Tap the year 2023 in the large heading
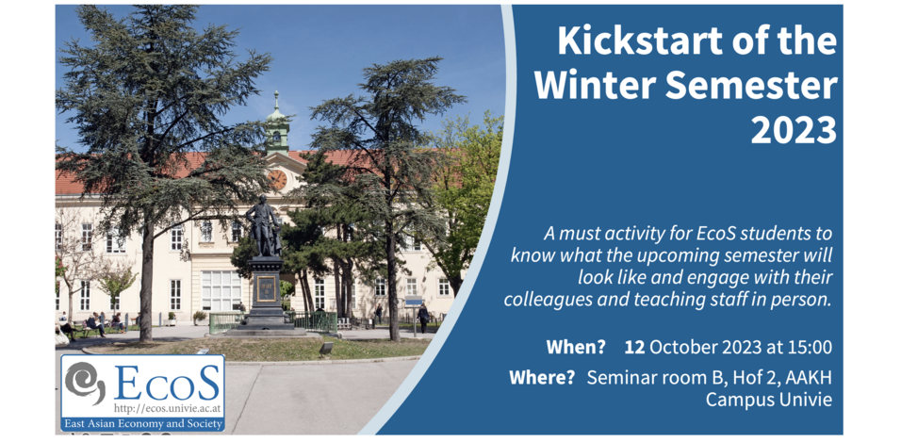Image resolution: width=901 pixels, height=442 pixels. (794, 130)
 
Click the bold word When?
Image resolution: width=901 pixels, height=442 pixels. (576, 347)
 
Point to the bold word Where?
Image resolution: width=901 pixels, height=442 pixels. (542, 378)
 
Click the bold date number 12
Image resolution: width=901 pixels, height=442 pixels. (634, 347)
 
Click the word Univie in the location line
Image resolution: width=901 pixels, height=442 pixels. (805, 400)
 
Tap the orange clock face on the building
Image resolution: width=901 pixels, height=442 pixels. (277, 180)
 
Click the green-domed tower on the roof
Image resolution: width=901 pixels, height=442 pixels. (277, 123)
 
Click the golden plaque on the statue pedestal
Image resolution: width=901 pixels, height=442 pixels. (266, 289)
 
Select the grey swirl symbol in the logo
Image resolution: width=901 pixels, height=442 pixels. (85, 380)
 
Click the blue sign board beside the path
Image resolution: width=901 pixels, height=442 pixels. (413, 302)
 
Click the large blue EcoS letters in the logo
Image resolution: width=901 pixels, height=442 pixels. (167, 382)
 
